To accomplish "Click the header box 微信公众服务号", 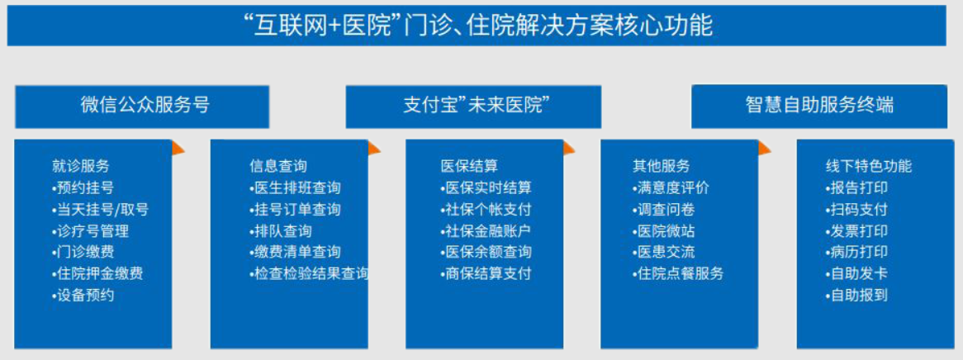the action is pyautogui.click(x=142, y=107).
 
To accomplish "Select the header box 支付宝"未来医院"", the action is pyautogui.click(x=473, y=107).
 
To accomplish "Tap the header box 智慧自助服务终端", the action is pyautogui.click(x=819, y=107).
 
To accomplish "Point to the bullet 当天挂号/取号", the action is pyautogui.click(x=100, y=210).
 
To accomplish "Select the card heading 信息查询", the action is pyautogui.click(x=278, y=166).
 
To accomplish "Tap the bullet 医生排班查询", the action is pyautogui.click(x=295, y=187).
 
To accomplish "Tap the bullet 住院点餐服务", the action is pyautogui.click(x=678, y=272).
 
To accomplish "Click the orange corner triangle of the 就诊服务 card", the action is pyautogui.click(x=177, y=148).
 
